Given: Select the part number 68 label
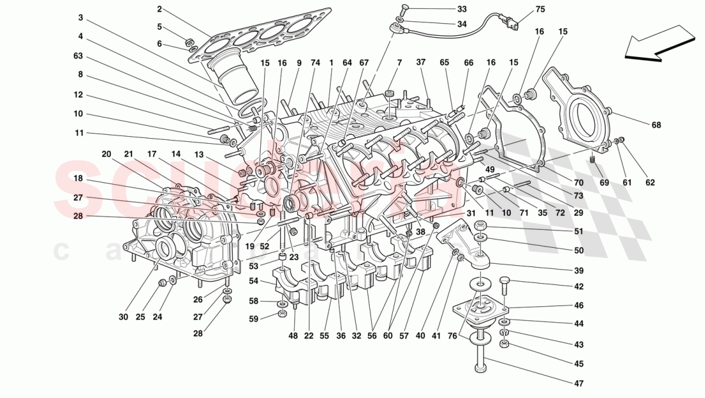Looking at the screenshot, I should pos(657,125).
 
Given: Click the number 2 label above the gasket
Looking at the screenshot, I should pos(159,9).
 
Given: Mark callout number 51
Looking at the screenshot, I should pos(579,232).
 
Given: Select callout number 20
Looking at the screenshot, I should pos(106,154).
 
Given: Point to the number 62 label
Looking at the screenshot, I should pos(650,182).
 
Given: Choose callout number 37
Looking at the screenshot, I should pos(421,62).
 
